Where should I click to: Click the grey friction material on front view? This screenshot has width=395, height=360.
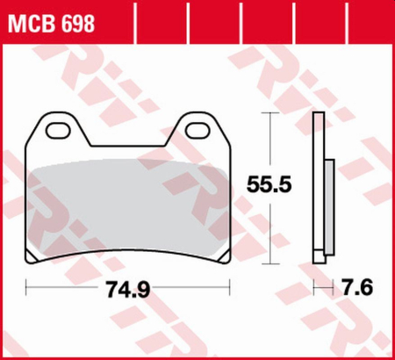click(129, 202)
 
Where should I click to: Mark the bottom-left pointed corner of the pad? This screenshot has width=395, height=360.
click(33, 259)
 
